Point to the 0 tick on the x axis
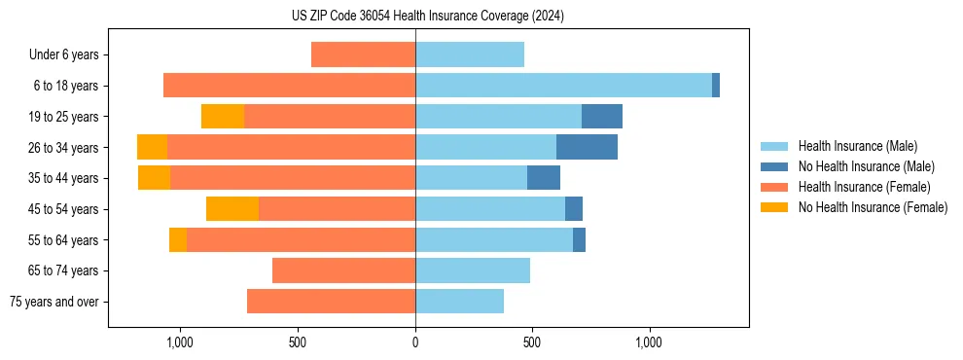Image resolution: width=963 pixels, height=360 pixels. pos(415,342)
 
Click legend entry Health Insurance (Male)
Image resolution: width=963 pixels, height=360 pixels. pos(857,146)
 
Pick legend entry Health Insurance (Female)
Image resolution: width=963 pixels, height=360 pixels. pos(864,187)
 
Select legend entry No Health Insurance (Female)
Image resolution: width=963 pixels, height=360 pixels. pos(873,207)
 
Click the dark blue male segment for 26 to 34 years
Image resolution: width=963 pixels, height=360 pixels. pos(587,147)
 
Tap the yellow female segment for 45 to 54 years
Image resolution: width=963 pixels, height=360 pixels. pos(232,208)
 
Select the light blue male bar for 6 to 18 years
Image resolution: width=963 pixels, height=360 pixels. pos(563,86)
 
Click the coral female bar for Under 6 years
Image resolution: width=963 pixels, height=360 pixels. pos(363,54)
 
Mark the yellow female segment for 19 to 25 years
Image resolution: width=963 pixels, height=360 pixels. pos(223,116)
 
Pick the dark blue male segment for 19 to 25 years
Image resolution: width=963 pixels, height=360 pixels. pos(602,116)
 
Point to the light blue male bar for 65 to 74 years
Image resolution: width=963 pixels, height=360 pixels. pos(473,270)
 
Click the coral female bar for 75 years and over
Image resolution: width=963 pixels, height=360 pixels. pos(331,302)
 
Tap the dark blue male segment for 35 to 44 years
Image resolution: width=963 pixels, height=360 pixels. pos(544,178)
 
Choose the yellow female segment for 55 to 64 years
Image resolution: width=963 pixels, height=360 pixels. pos(178,239)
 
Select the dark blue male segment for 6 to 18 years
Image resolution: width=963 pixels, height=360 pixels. pos(716,86)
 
